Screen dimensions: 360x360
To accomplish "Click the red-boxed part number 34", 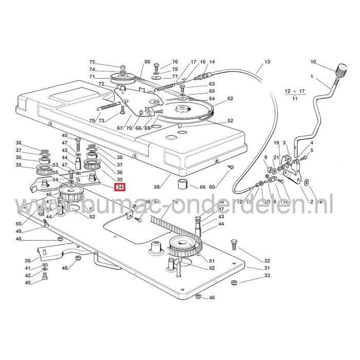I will click(120, 187).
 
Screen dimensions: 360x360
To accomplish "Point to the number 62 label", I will click(230, 99).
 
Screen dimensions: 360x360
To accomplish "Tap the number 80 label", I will click(148, 62).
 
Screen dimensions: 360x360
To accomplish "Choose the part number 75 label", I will click(93, 62).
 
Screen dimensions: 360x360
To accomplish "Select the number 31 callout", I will click(266, 268).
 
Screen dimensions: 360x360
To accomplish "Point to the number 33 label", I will click(266, 276).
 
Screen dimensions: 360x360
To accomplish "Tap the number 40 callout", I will click(28, 283).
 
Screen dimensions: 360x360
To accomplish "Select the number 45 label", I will click(65, 135).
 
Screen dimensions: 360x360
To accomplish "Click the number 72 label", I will click(101, 84).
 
